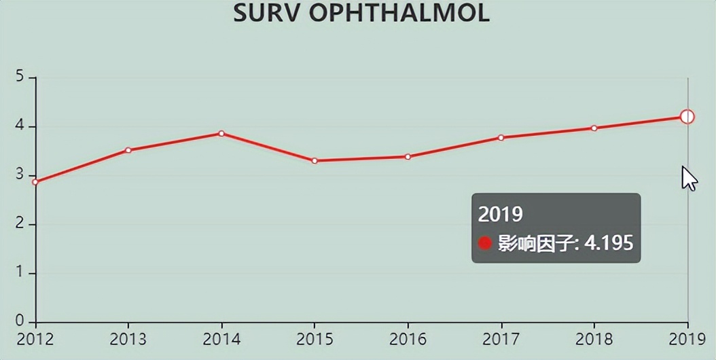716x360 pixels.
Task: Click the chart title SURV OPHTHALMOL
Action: pos(361,14)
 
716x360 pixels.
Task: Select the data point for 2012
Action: pos(35,182)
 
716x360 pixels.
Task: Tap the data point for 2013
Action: pos(128,150)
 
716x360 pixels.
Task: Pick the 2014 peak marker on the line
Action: pos(221,133)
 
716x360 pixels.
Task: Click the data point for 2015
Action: pos(315,161)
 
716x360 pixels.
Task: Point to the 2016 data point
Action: pos(408,157)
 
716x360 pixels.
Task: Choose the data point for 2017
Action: pos(501,138)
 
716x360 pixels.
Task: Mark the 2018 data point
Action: pos(594,128)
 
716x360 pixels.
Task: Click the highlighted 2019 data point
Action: pos(687,117)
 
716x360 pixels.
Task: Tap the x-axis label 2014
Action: pos(221,339)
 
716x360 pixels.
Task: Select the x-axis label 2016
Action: pos(408,339)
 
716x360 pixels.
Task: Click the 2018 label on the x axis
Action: pos(594,339)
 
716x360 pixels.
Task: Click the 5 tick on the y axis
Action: pos(21,77)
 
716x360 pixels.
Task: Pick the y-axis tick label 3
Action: pos(21,175)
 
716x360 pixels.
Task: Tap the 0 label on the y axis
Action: pos(21,321)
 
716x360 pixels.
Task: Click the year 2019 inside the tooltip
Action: pos(501,214)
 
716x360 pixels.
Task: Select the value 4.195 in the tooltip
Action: pos(609,242)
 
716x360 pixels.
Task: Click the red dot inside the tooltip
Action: pos(485,242)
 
